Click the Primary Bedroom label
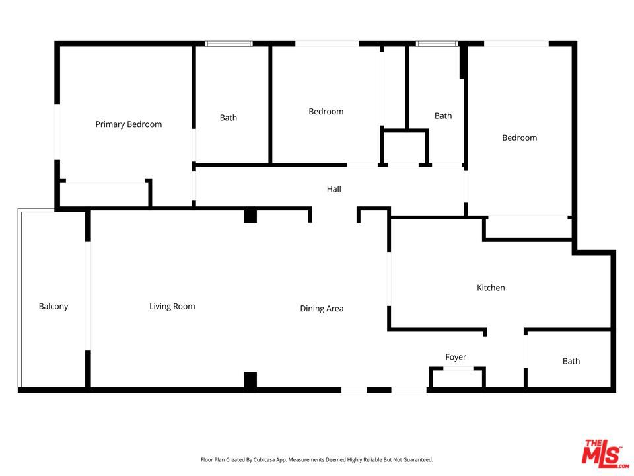(128, 124)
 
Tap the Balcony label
(53, 306)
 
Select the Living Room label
(172, 306)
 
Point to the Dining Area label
(322, 309)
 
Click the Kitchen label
(491, 288)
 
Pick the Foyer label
(455, 357)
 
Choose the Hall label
(334, 189)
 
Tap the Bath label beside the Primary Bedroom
(229, 118)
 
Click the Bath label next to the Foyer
(571, 361)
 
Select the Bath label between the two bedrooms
(443, 116)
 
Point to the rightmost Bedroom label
(520, 138)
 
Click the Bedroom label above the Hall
(326, 112)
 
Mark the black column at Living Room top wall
(250, 216)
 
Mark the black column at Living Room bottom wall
(250, 381)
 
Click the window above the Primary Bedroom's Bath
(229, 44)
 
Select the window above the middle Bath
(437, 44)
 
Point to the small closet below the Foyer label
(457, 378)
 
